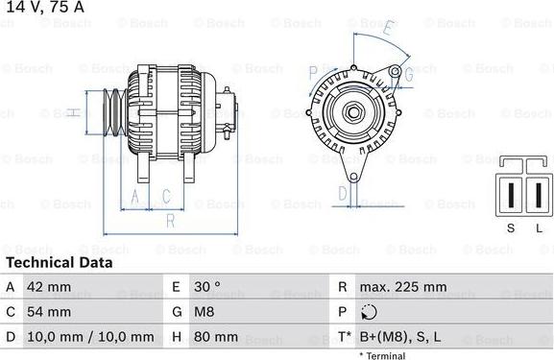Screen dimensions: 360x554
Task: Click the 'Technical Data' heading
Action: coord(59,262)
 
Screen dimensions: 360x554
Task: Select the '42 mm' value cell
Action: coord(49,287)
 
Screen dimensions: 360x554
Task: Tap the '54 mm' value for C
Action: coord(49,312)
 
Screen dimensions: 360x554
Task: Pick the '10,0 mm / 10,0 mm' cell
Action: coord(91,337)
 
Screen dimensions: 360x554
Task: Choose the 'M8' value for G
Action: coord(205,312)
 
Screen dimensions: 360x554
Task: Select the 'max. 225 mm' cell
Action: coord(402,287)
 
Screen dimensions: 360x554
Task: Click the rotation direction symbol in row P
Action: coord(370,312)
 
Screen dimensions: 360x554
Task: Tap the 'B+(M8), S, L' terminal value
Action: coord(399,337)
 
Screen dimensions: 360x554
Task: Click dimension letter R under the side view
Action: coord(170,221)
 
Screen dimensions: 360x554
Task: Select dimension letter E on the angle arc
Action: coord(387,28)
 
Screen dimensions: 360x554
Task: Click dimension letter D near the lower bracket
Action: coord(343,192)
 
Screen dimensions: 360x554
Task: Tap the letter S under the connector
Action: coord(510,227)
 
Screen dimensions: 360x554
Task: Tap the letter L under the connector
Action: coord(539,227)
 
